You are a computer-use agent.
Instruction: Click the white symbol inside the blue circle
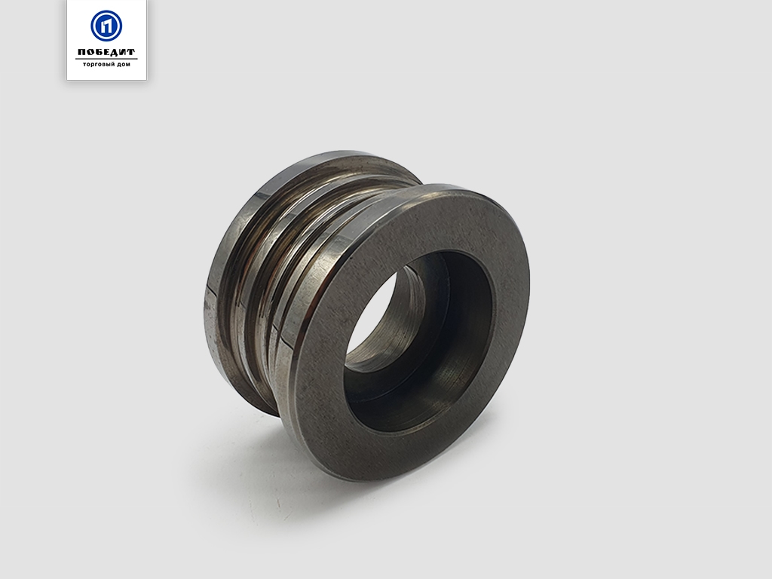click(x=106, y=26)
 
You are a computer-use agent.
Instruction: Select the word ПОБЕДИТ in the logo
click(x=106, y=52)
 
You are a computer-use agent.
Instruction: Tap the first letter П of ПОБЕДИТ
click(x=81, y=52)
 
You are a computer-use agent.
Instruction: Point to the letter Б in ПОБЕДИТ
click(x=99, y=52)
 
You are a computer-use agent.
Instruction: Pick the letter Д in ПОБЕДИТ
click(x=115, y=52)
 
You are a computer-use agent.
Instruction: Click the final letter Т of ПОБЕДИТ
click(x=131, y=52)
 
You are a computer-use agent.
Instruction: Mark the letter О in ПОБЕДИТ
click(x=90, y=52)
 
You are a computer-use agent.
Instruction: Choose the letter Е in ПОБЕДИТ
click(x=106, y=52)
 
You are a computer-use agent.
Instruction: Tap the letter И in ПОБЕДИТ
click(x=123, y=52)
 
